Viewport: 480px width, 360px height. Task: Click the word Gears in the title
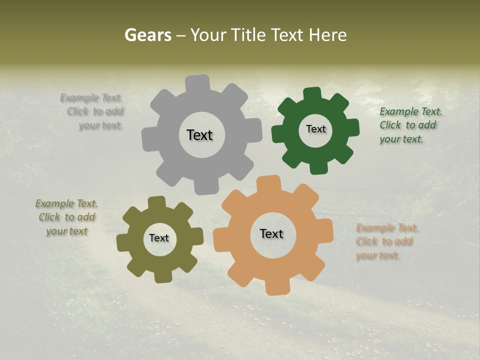[147, 35]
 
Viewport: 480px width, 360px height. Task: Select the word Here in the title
[327, 35]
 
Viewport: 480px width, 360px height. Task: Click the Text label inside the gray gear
[199, 135]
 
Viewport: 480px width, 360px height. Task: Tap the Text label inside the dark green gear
[315, 129]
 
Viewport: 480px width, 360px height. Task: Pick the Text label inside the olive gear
[159, 238]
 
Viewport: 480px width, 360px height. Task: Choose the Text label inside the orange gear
[271, 234]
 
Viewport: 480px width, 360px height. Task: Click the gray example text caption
[95, 111]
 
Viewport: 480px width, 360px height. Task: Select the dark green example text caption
[410, 125]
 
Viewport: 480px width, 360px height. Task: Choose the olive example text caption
[67, 217]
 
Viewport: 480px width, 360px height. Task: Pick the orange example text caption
[386, 242]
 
